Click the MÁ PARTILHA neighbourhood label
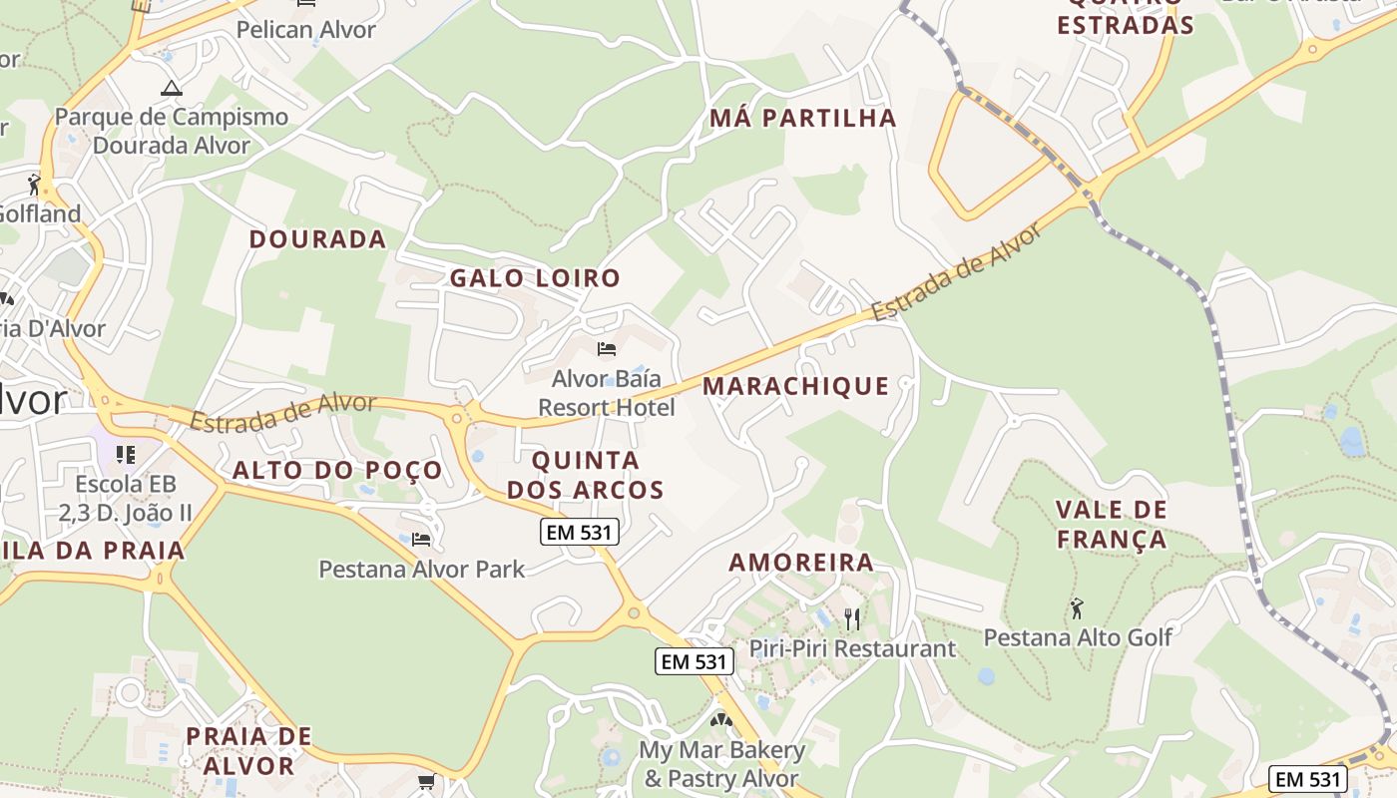[x=803, y=118]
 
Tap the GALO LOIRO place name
[x=535, y=278]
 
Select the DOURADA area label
[x=317, y=239]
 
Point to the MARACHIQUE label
[x=795, y=386]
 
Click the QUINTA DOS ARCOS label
[x=585, y=475]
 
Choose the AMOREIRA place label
[x=801, y=563]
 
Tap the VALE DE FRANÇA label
[x=1111, y=525]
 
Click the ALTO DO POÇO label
[x=337, y=471]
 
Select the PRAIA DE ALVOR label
[x=248, y=751]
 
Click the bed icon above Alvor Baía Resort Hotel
[x=606, y=349]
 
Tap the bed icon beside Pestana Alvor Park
[x=421, y=540]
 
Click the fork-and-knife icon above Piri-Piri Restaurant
[x=851, y=619]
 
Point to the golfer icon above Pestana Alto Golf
[x=1077, y=607]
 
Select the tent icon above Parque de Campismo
[x=172, y=88]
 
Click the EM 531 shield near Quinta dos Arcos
[x=580, y=532]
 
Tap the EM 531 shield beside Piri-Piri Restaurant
[x=695, y=660]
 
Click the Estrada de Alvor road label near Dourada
[x=282, y=413]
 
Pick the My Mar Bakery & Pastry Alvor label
[x=721, y=764]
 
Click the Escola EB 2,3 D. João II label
[x=125, y=499]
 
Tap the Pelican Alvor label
[x=305, y=30]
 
